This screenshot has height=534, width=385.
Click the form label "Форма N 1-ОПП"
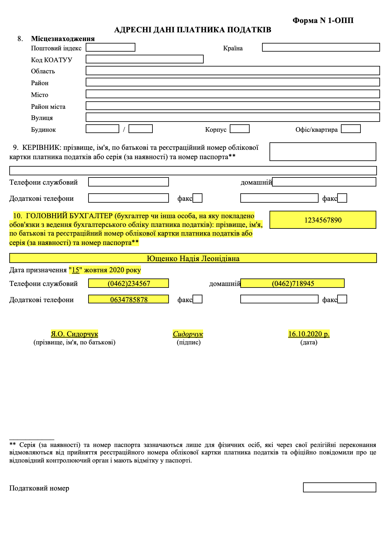tap(323, 21)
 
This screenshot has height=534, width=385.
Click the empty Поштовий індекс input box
tap(110, 47)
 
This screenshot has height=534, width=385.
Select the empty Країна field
tap(321, 47)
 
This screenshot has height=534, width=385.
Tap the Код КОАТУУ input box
tap(144, 59)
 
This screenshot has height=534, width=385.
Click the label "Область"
tap(43, 71)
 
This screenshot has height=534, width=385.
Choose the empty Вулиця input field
tap(233, 117)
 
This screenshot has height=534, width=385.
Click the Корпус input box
tap(239, 129)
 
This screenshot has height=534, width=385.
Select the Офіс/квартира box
tap(351, 129)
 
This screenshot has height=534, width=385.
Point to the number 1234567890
tap(323, 220)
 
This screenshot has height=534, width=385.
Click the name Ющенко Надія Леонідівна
tap(193, 259)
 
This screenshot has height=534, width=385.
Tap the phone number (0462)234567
tap(129, 283)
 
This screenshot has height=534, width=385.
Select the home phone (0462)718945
tap(293, 283)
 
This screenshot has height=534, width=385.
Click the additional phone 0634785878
tap(129, 300)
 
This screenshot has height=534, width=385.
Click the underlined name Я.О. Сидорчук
tap(75, 334)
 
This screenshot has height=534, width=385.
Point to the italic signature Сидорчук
tap(188, 334)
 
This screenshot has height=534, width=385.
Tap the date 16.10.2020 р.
tap(309, 334)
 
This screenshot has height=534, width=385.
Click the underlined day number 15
tap(75, 270)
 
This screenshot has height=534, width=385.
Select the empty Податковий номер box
tap(339, 487)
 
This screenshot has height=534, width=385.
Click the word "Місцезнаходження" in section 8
tap(63, 39)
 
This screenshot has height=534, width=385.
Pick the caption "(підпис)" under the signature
tap(188, 342)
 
